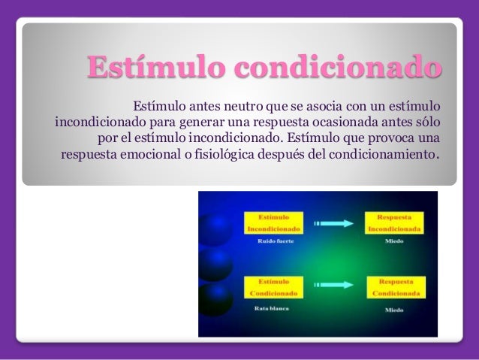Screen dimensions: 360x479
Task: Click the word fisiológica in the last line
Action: (x=230, y=156)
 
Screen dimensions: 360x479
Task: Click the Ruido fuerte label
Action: (x=267, y=241)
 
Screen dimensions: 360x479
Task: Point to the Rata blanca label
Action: (x=267, y=307)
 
